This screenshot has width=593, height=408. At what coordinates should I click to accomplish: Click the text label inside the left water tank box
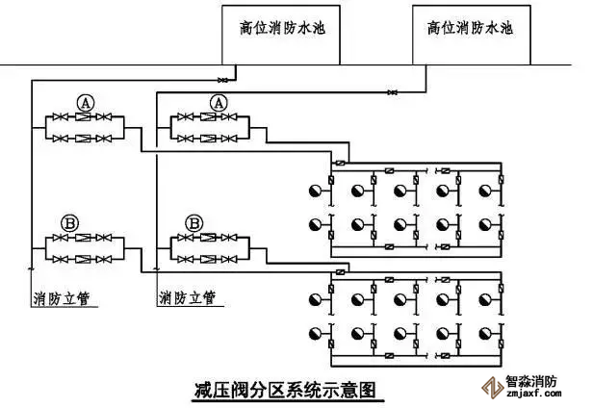282,28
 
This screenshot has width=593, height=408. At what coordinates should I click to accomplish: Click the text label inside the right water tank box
470,28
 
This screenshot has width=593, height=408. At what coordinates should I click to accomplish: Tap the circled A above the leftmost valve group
86,102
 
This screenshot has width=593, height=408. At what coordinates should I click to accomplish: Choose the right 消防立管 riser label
187,297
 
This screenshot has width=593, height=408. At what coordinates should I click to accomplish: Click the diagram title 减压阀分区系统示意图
282,390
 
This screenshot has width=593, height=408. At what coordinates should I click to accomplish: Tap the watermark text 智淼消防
531,381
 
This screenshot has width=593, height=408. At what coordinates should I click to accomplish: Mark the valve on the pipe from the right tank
393,92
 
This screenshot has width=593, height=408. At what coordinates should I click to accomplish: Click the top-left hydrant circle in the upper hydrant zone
315,190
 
